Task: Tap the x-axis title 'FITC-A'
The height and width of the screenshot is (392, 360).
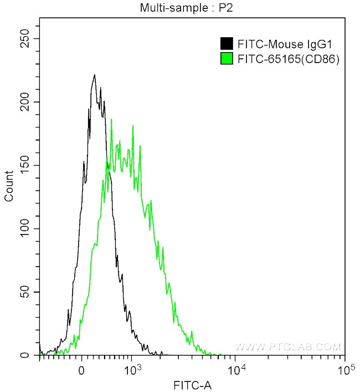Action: (192, 384)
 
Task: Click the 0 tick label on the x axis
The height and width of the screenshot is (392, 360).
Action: (82, 369)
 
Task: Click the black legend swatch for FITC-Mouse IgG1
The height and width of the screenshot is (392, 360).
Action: (226, 43)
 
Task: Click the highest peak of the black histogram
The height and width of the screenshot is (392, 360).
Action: (95, 75)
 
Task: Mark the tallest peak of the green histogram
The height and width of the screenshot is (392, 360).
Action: (111, 119)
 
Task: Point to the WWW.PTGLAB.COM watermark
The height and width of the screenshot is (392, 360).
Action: (287, 347)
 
